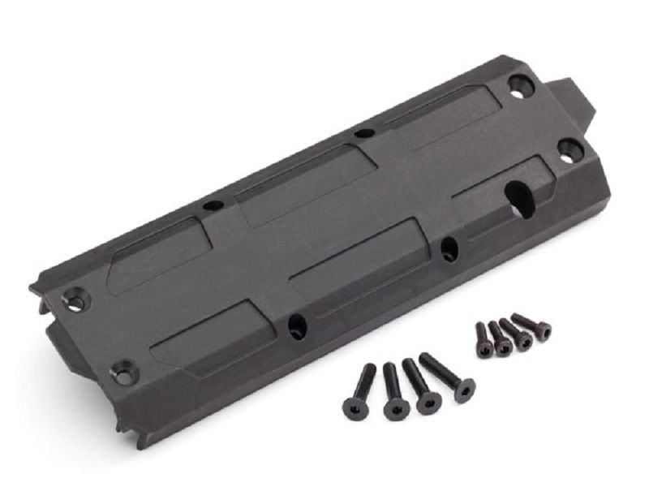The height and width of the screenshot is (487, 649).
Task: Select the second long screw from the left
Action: click(x=394, y=392)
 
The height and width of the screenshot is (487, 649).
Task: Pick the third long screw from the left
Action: click(x=423, y=389)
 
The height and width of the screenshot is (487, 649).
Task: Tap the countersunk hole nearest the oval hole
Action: click(x=569, y=149)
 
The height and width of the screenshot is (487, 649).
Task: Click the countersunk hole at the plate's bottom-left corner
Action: click(x=123, y=373)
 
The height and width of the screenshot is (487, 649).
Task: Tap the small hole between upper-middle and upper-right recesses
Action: click(x=365, y=134)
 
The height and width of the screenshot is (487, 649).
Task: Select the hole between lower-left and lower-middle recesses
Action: click(x=297, y=326)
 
